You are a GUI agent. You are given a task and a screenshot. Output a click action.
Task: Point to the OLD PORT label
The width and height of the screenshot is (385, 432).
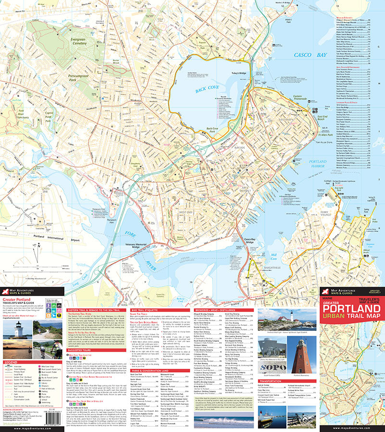click(264, 169)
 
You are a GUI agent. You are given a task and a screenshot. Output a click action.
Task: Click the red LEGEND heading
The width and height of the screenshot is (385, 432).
click(11, 361)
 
